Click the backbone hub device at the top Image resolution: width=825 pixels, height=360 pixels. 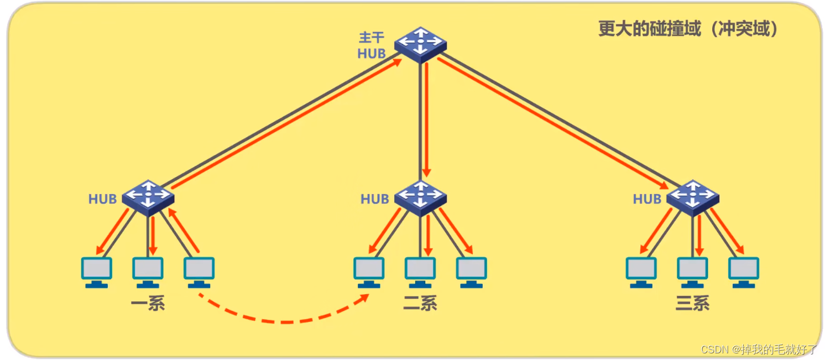pyautogui.click(x=420, y=44)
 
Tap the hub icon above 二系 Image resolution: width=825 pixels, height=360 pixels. pyautogui.click(x=420, y=197)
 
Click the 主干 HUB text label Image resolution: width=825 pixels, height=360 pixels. pyautogui.click(x=372, y=46)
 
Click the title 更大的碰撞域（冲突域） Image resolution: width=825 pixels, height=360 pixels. pyautogui.click(x=688, y=29)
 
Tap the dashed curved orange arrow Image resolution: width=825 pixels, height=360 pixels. pyautogui.click(x=282, y=320)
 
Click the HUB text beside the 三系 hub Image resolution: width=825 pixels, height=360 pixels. pyautogui.click(x=647, y=199)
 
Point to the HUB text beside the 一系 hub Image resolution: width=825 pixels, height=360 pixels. pyautogui.click(x=103, y=199)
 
